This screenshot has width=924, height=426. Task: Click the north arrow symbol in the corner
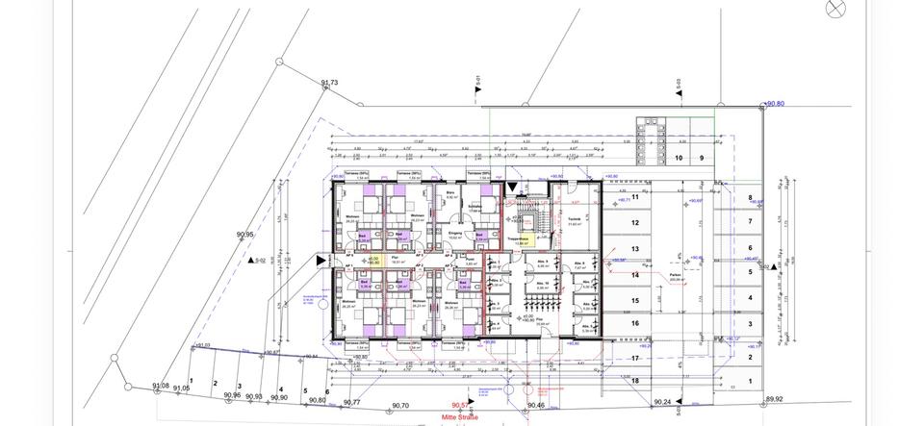[x=834, y=9]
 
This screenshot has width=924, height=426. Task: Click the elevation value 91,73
[x=328, y=84]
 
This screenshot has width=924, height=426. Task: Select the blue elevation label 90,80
[x=774, y=104]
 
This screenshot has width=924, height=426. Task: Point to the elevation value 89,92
[x=775, y=399]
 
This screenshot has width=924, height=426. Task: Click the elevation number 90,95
[x=244, y=235]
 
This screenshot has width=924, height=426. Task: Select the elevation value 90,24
[x=663, y=402]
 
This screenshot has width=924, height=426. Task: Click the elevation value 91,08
[x=161, y=386]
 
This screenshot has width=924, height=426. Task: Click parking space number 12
[x=634, y=222]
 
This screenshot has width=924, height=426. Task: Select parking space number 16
[x=634, y=324]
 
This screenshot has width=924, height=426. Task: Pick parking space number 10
[x=678, y=158]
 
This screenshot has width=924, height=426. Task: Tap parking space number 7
[x=749, y=221]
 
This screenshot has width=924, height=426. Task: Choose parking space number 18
[x=634, y=381]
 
